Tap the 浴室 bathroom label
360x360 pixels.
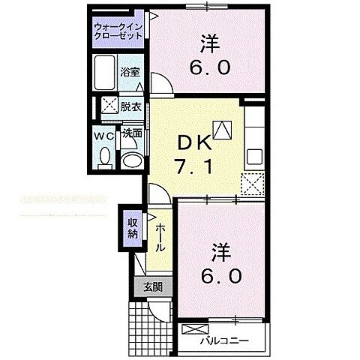(130, 72)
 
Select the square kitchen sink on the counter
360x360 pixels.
(254, 157)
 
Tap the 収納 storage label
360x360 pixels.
(132, 227)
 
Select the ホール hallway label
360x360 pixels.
(160, 238)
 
